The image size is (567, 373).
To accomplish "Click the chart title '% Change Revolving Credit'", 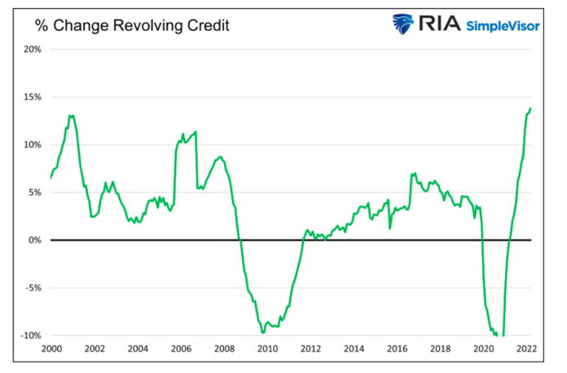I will click(x=131, y=25).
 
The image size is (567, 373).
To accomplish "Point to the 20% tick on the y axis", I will click(x=32, y=49).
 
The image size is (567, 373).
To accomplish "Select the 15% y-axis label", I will click(x=32, y=97).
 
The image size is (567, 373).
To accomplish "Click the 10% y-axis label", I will click(x=32, y=145).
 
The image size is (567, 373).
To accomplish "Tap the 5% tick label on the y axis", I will click(x=34, y=192).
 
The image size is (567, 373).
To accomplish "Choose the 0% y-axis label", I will click(x=34, y=240).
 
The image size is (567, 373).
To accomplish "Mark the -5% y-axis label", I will click(x=33, y=287).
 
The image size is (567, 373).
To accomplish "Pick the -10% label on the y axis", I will click(x=30, y=336).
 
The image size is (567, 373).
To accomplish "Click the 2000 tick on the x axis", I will click(x=51, y=349).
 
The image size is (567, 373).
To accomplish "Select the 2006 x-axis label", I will click(x=181, y=349).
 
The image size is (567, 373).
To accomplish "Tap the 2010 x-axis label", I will click(x=267, y=349).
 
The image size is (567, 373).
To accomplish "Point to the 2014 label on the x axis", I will click(x=354, y=349).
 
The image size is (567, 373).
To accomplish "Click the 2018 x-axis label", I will click(x=440, y=349).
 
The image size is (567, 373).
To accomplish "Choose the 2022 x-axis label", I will click(x=526, y=349).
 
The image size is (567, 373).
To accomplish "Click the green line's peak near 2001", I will click(x=71, y=116).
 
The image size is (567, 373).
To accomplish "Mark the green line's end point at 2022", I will click(x=530, y=108).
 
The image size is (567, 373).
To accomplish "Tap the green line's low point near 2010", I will click(x=262, y=332).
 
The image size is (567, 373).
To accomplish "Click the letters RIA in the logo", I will click(x=439, y=24).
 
